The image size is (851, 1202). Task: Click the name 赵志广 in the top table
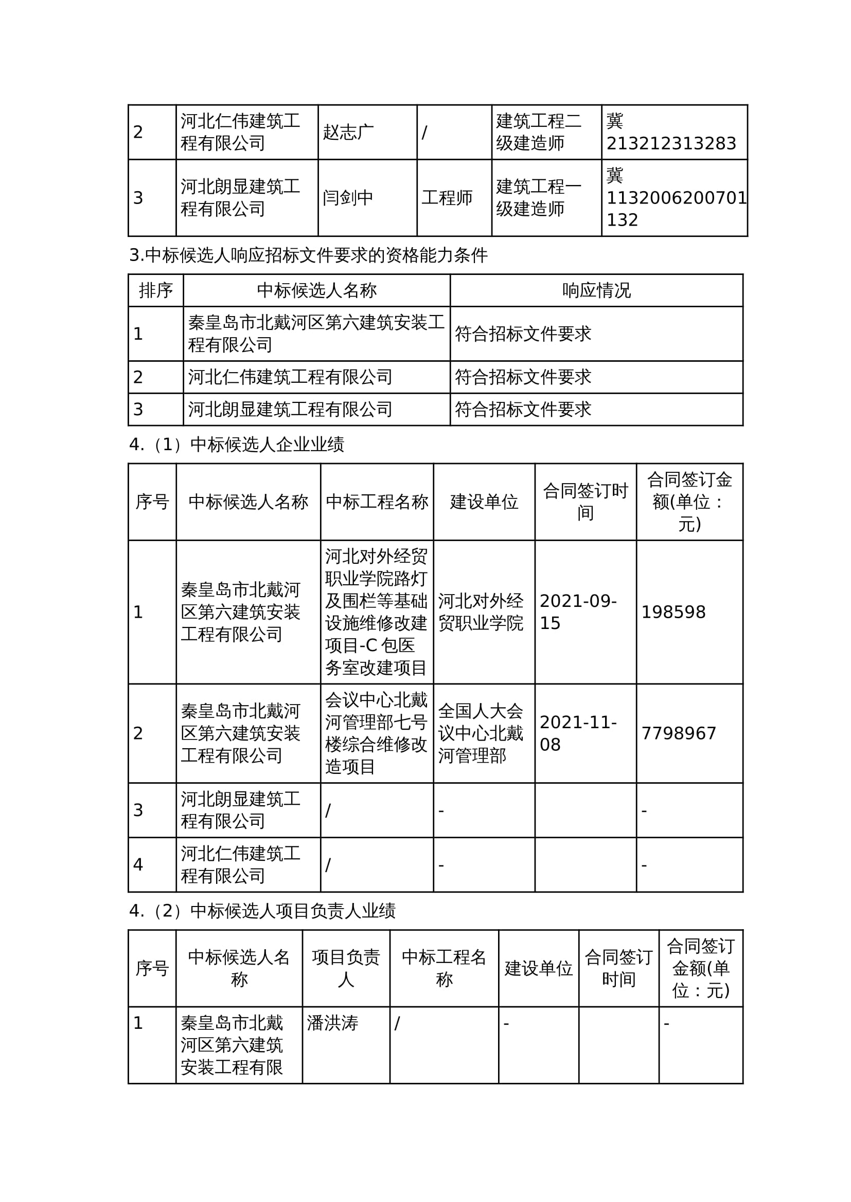pyautogui.click(x=348, y=132)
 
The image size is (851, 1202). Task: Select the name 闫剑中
pyautogui.click(x=348, y=197)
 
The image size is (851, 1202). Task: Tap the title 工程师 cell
pyautogui.click(x=447, y=197)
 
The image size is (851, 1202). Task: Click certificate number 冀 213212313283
pyautogui.click(x=671, y=132)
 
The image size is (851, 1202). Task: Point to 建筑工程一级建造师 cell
pyautogui.click(x=539, y=197)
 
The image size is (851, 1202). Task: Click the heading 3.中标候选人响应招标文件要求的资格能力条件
pyautogui.click(x=308, y=255)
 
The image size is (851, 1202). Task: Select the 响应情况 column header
pyautogui.click(x=596, y=290)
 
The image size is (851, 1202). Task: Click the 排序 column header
pyautogui.click(x=155, y=290)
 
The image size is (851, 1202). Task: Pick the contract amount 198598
pyautogui.click(x=673, y=612)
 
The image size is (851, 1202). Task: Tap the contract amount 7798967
pyautogui.click(x=679, y=733)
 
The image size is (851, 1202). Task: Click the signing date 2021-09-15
pyautogui.click(x=578, y=612)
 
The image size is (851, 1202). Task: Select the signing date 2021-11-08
pyautogui.click(x=578, y=733)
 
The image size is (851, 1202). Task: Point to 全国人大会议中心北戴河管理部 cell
pyautogui.click(x=481, y=733)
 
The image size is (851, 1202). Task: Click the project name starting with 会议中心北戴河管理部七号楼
pyautogui.click(x=376, y=733)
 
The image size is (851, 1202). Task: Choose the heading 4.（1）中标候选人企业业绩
pyautogui.click(x=236, y=445)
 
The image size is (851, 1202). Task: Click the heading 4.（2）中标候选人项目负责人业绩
pyautogui.click(x=262, y=911)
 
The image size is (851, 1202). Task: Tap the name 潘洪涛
pyautogui.click(x=332, y=1023)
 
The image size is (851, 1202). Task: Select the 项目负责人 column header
pyautogui.click(x=346, y=968)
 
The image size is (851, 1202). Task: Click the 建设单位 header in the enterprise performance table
pyautogui.click(x=484, y=502)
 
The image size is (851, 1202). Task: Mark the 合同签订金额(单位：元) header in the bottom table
pyautogui.click(x=701, y=968)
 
